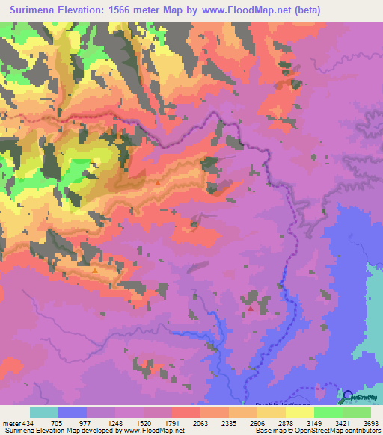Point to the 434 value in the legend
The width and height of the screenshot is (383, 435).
[x=27, y=423]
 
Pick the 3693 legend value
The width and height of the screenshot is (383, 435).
[x=363, y=423]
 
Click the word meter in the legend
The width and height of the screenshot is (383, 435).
[x=10, y=423]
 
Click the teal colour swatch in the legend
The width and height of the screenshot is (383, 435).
[x=44, y=412]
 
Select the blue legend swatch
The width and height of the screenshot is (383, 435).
[x=73, y=412]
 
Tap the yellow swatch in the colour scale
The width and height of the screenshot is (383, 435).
[x=299, y=412]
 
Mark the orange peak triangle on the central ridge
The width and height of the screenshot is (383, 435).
[x=159, y=182]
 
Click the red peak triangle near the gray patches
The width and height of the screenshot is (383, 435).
[x=250, y=306]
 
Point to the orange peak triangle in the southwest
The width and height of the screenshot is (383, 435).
[x=95, y=270]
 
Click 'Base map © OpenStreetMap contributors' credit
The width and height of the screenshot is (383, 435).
[x=317, y=431]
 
